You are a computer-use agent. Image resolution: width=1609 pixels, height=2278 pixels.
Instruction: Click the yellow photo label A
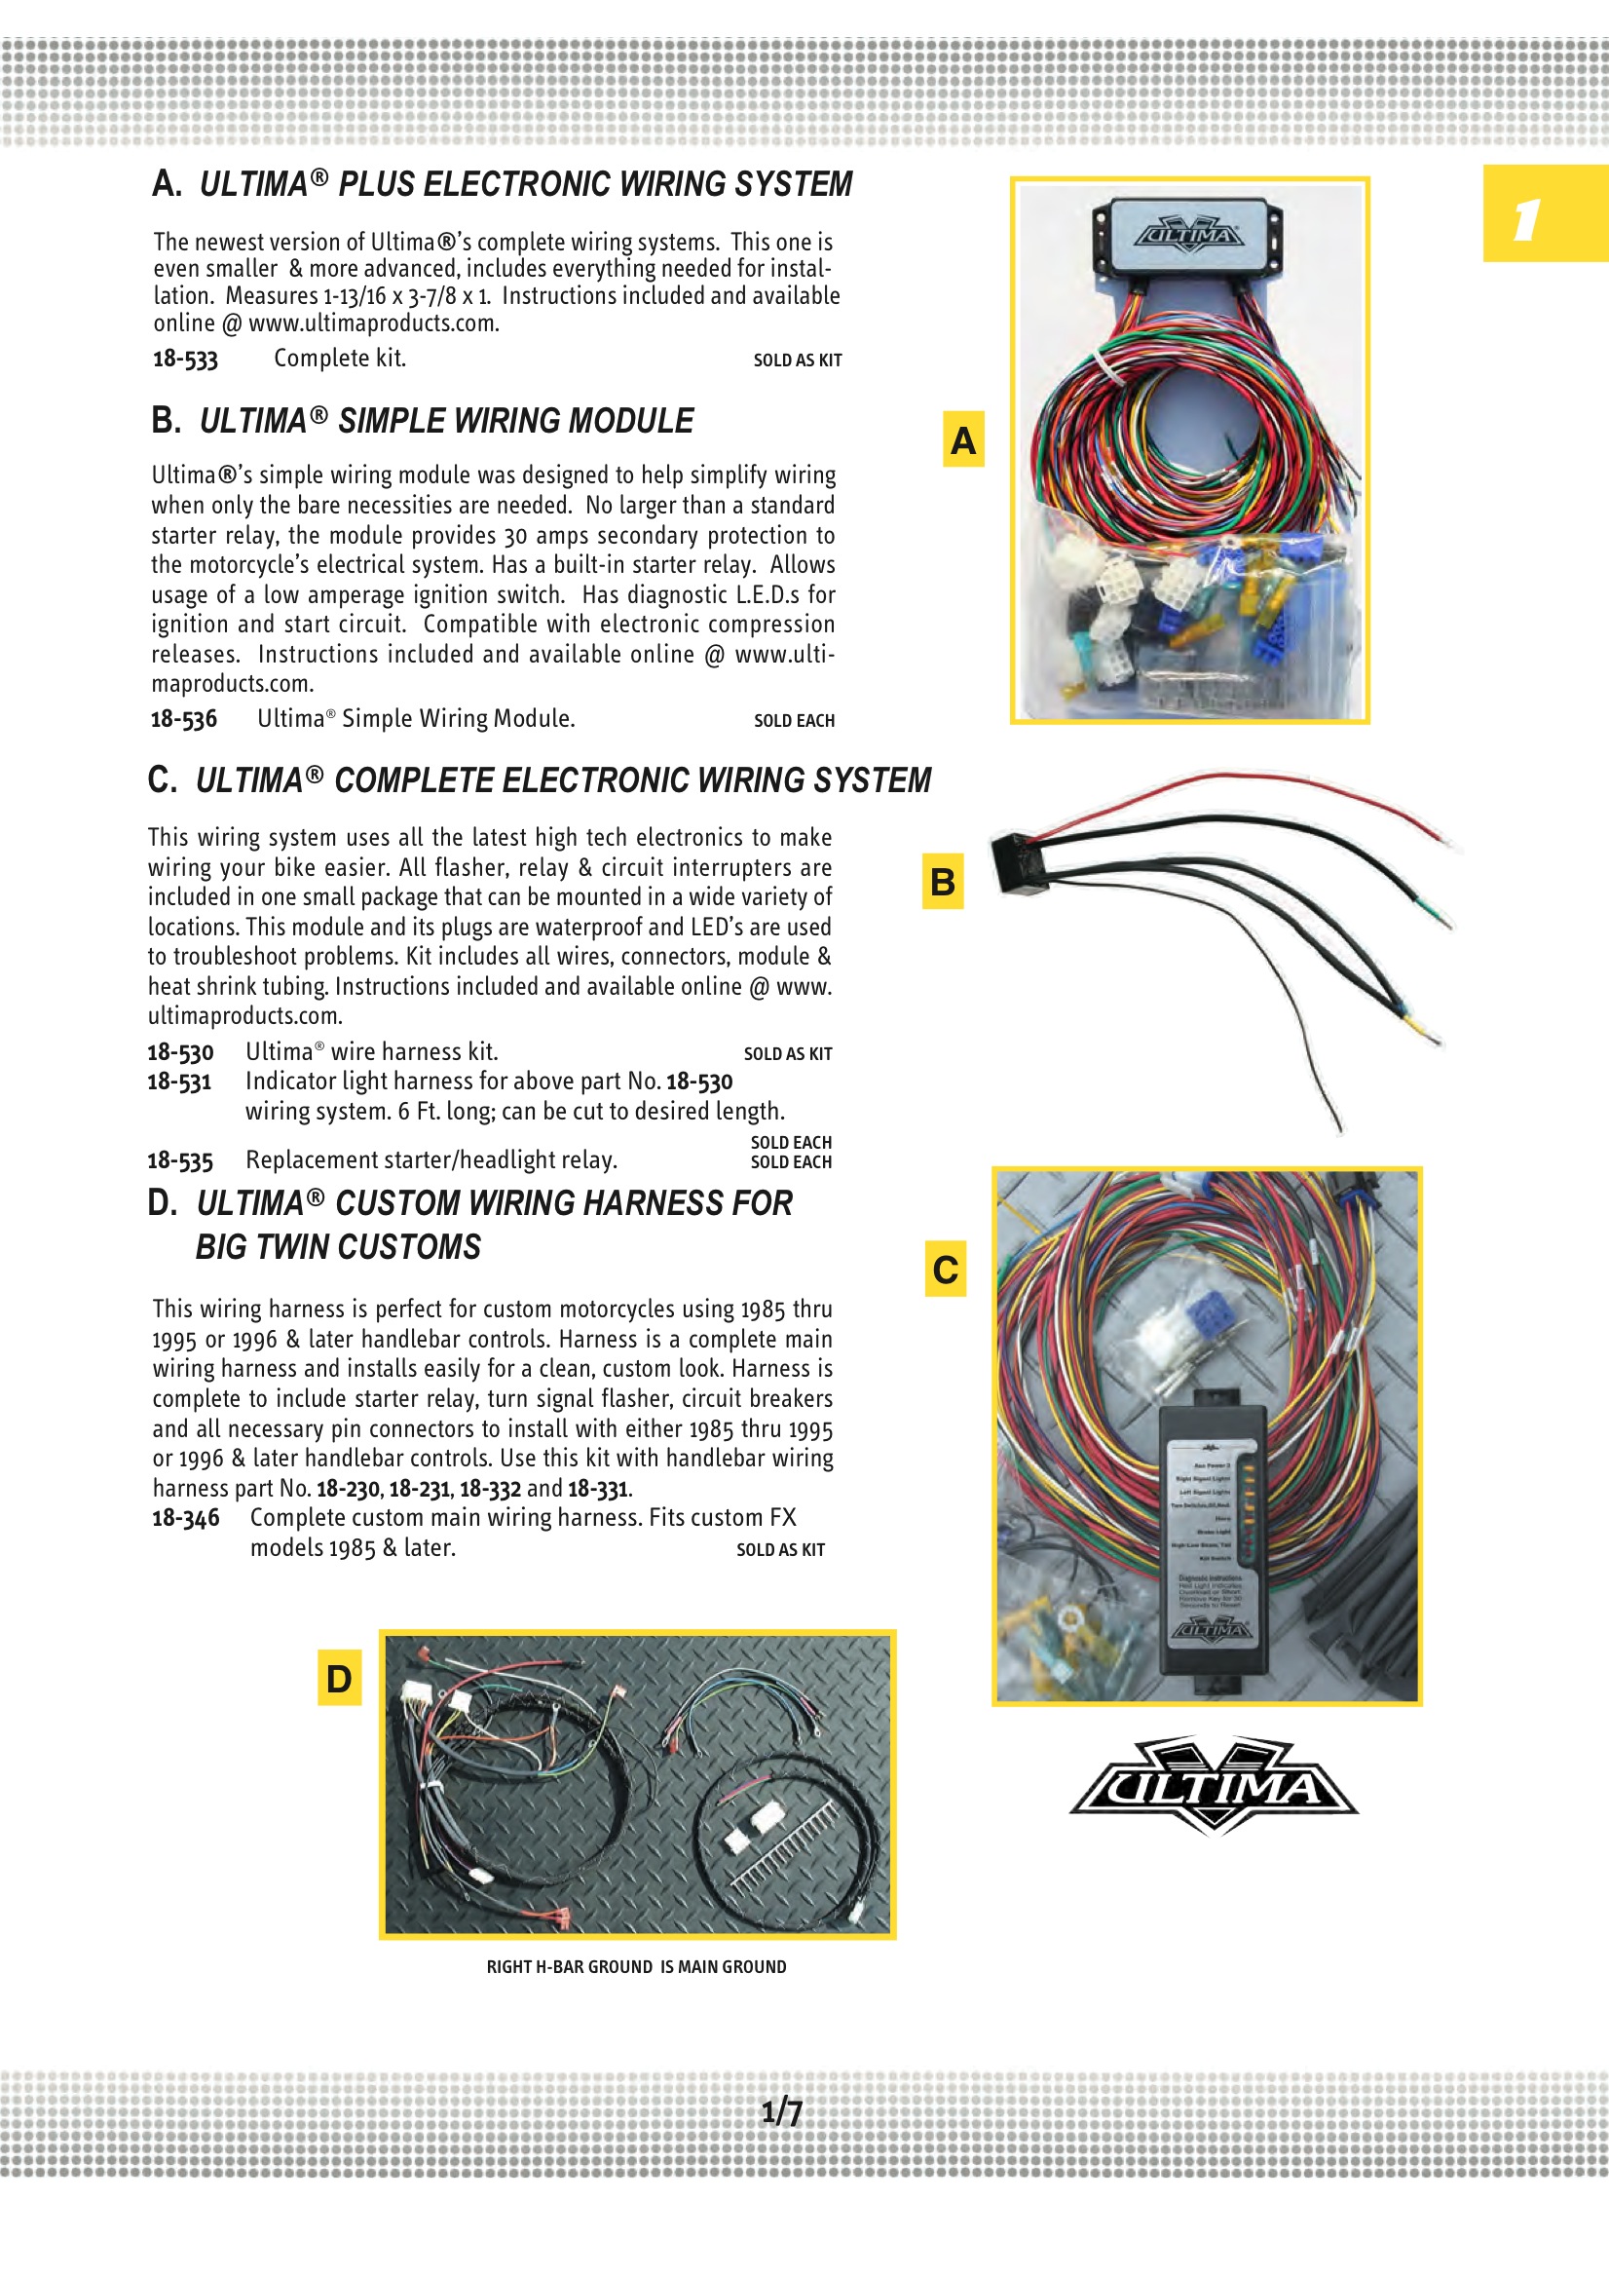click(x=962, y=439)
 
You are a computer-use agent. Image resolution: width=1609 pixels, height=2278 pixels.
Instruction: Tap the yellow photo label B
click(x=943, y=881)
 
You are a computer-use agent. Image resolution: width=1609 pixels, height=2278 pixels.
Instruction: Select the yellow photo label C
click(x=946, y=1269)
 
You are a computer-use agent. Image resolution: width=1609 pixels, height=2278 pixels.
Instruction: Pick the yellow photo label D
click(x=339, y=1678)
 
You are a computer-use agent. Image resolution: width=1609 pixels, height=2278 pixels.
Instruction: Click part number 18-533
click(x=185, y=360)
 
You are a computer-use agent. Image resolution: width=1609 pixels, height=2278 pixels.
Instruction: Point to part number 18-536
click(x=183, y=719)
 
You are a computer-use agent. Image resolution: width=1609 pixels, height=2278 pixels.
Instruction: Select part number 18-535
click(x=180, y=1160)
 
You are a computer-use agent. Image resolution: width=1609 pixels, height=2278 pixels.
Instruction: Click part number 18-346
click(x=185, y=1518)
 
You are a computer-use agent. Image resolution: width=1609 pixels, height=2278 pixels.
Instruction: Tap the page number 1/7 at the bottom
click(x=782, y=2111)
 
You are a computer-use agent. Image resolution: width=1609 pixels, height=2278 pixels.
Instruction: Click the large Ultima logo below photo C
click(x=1215, y=1786)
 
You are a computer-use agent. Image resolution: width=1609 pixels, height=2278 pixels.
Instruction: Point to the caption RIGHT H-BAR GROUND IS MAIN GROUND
click(x=636, y=1966)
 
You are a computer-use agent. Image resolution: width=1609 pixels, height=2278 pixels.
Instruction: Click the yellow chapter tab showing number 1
click(x=1545, y=213)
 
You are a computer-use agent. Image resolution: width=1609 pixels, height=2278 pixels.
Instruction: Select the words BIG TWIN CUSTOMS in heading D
click(x=338, y=1247)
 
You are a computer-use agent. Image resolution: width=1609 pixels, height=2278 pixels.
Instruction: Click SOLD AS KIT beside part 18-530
click(x=788, y=1053)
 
